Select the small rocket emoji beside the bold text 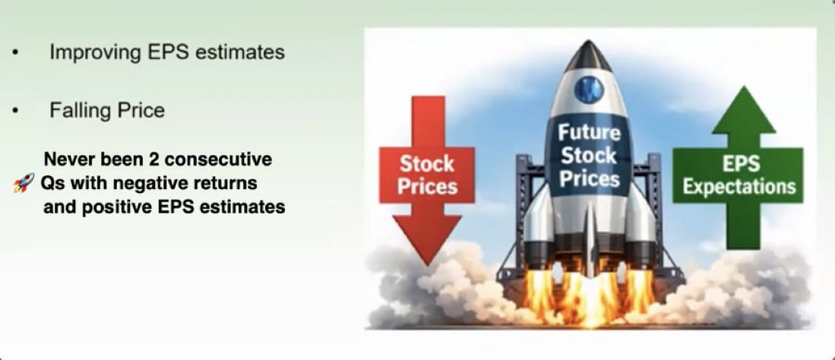24,183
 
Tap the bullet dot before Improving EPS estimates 16,52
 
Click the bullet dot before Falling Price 16,111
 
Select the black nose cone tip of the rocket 588,43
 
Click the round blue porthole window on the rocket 588,89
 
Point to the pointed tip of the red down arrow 427,264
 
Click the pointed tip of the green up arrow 743,87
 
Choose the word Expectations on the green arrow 739,186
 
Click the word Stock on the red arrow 427,163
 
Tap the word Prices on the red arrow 427,186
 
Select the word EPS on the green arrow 740,163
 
